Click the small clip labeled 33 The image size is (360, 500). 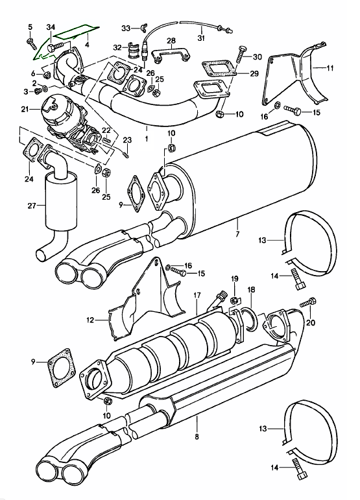pyautogui.click(x=138, y=27)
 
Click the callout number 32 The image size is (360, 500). pyautogui.click(x=117, y=47)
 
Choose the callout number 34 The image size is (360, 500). pyautogui.click(x=50, y=26)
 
